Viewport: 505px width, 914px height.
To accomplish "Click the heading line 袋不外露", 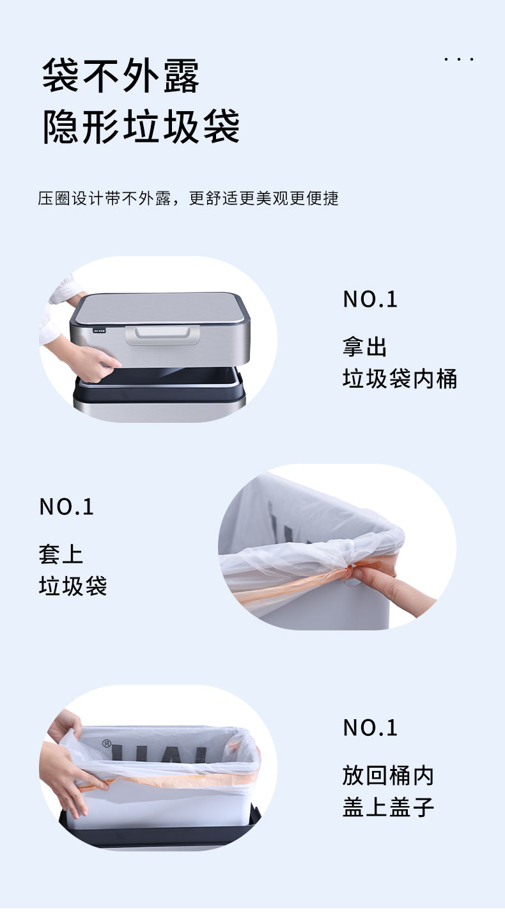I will [x=121, y=76].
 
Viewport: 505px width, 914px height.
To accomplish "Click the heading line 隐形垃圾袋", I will [x=141, y=126].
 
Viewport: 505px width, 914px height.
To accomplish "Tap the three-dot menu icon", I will [x=459, y=59].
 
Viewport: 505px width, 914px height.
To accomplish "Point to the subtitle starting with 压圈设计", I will [x=188, y=198].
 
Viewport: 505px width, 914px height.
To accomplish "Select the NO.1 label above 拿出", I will [x=370, y=299].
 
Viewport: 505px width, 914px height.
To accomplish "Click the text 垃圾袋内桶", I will [x=400, y=379].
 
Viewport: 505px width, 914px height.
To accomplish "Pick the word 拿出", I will [x=365, y=347].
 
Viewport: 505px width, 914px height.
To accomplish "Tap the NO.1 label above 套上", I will [x=66, y=507].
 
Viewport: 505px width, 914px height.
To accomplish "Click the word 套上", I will [x=61, y=554].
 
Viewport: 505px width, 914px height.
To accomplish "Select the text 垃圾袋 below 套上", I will [x=72, y=586].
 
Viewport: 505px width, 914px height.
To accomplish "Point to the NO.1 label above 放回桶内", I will [x=370, y=727].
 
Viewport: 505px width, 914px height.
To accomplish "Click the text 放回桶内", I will [x=388, y=775].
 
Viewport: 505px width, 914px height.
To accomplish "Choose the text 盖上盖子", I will [x=388, y=807].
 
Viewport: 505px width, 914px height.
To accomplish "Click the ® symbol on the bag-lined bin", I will [x=107, y=743].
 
